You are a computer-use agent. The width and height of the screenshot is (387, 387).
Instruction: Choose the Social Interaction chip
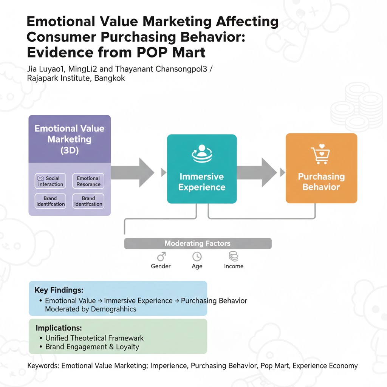[x=50, y=181]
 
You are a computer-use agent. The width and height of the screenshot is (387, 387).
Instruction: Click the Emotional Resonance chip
[x=88, y=181]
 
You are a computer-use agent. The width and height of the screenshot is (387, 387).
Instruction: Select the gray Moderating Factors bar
[x=198, y=243]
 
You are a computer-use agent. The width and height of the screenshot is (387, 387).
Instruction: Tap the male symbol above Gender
[x=161, y=257]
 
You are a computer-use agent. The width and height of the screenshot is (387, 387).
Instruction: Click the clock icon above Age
[x=197, y=257]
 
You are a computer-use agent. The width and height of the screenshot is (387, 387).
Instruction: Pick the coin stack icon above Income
[x=234, y=257]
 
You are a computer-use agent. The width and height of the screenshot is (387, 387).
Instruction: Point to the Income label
[x=234, y=266]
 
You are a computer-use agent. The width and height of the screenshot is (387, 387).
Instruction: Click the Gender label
[x=161, y=266]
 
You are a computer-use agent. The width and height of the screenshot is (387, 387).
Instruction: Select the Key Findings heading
[x=59, y=290]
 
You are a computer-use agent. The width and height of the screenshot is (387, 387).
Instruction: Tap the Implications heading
[x=59, y=328]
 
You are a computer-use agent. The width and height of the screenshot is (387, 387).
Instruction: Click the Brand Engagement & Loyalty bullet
[x=92, y=347]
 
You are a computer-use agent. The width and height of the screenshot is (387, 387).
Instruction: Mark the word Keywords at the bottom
[x=43, y=365]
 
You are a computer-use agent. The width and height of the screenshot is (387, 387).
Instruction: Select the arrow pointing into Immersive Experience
[x=132, y=172]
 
